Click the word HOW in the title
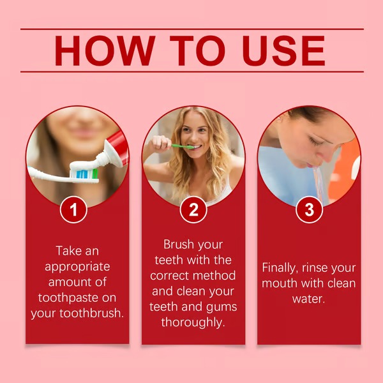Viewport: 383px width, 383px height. tap(107, 50)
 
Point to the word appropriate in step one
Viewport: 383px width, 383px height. tap(77, 266)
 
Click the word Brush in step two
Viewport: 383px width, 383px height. tap(179, 244)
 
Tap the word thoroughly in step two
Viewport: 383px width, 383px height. tap(193, 322)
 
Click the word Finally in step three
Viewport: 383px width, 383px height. tap(283, 267)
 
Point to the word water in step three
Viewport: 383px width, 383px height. tap(309, 299)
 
